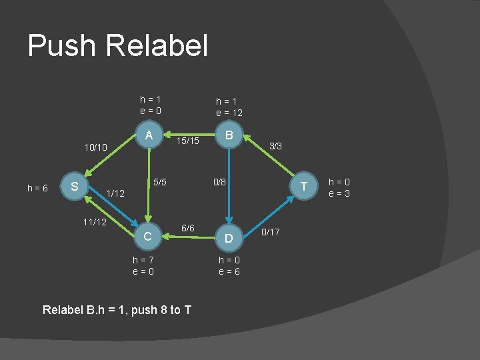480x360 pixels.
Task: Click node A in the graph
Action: pos(149,135)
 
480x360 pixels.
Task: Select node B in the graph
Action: pos(229,135)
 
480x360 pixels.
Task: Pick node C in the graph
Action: pos(149,236)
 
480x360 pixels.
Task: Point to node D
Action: pos(229,238)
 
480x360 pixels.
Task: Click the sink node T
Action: pos(304,187)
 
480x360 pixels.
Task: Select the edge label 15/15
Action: pos(189,141)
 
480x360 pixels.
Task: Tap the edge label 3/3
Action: pos(275,145)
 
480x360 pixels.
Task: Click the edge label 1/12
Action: pos(115,193)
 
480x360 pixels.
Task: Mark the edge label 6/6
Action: pos(189,228)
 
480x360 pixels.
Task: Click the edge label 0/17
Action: pos(271,232)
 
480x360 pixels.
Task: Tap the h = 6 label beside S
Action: pos(37,189)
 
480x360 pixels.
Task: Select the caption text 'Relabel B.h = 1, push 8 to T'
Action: pos(117,309)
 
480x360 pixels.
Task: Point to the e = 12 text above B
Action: pos(229,113)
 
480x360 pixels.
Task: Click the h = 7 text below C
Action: pos(144,259)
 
